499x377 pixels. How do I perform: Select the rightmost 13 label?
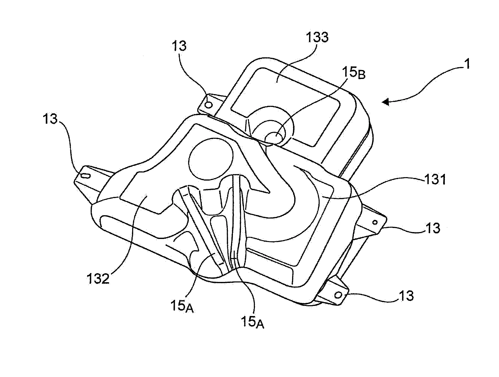[432, 228]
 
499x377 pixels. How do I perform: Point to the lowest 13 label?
[406, 296]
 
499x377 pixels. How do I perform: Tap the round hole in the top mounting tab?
[209, 105]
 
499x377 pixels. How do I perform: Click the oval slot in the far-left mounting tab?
[85, 176]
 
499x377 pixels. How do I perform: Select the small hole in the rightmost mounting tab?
[375, 222]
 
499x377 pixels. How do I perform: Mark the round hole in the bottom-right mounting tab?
[339, 295]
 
